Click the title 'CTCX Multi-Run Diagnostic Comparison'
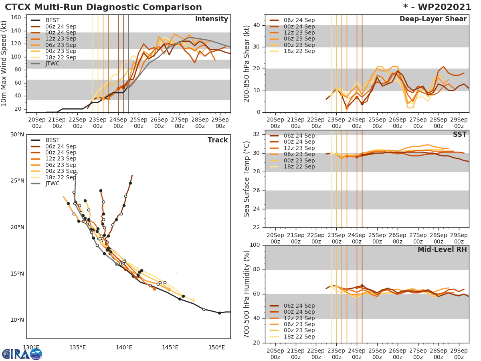coord(103,7)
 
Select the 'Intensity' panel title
coord(211,19)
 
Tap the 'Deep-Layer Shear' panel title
coord(433,19)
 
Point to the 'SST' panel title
coord(460,134)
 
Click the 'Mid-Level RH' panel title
coord(442,249)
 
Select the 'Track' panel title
coord(218,140)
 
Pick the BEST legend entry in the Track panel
coord(53,140)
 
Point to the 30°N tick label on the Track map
coord(17,134)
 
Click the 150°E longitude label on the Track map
coord(216,347)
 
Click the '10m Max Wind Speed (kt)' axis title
coord(5,64)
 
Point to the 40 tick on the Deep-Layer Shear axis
coord(257,25)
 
